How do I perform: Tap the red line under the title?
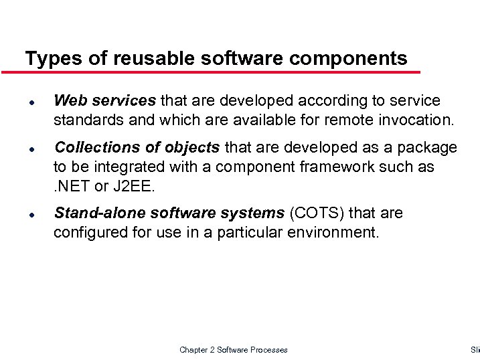pyautogui.click(x=221, y=72)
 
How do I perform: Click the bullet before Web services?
pyautogui.click(x=31, y=102)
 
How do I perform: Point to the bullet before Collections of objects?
pyautogui.click(x=31, y=148)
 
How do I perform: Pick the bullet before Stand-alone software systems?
pyautogui.click(x=31, y=214)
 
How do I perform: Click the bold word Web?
pyautogui.click(x=70, y=101)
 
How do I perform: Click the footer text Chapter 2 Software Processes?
pyautogui.click(x=234, y=350)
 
